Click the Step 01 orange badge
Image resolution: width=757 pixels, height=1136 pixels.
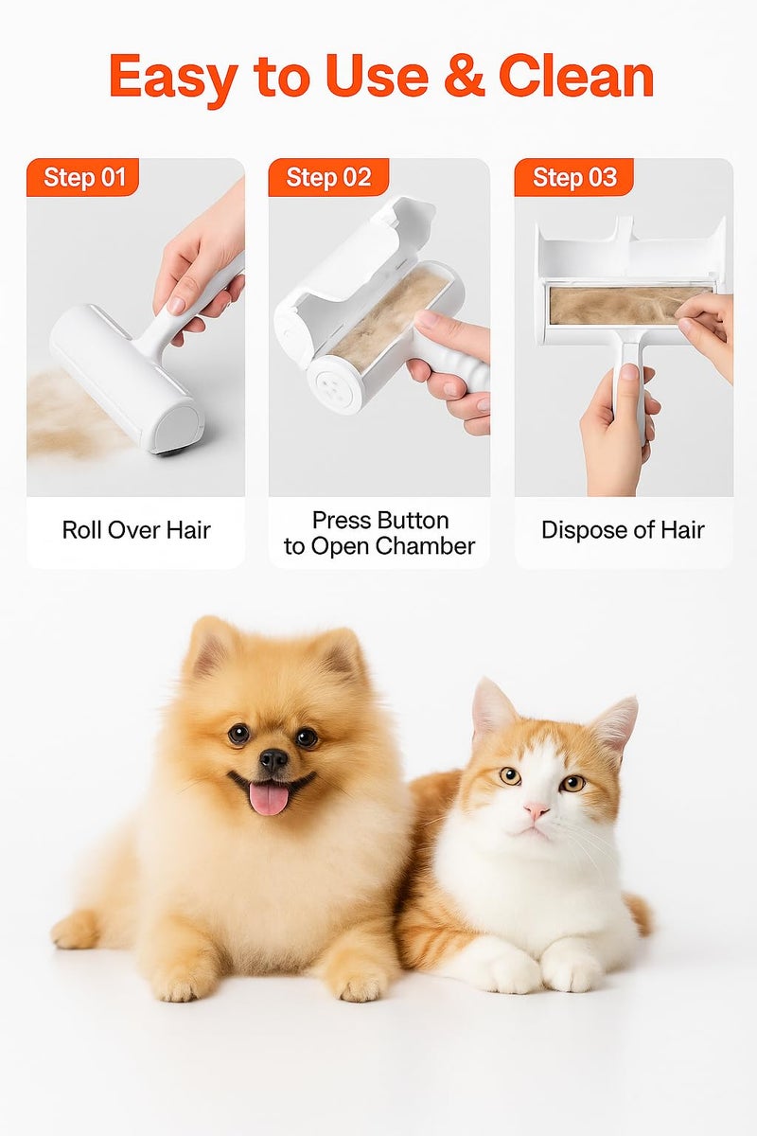tap(83, 177)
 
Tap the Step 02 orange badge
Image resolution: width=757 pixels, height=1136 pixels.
tap(327, 177)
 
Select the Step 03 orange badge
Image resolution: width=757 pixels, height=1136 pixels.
tap(573, 177)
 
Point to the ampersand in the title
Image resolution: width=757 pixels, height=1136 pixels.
tap(465, 78)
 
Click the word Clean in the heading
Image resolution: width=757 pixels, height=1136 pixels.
tap(576, 78)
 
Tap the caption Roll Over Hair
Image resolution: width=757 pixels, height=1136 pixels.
tap(135, 530)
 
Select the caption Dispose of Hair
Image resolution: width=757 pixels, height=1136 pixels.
tap(623, 530)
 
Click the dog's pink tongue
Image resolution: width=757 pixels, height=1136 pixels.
tap(269, 798)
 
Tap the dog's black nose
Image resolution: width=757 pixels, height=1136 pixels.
tap(273, 758)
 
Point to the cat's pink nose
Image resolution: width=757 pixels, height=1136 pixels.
tap(537, 811)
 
